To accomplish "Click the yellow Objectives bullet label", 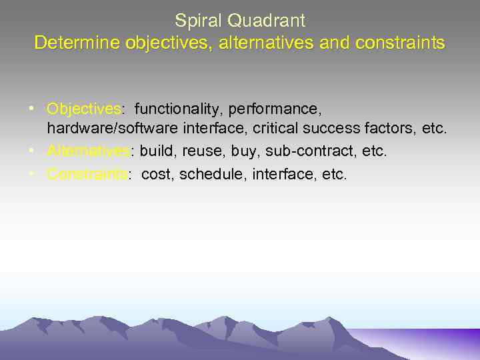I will (83, 108).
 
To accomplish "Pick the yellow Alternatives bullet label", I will (89, 152).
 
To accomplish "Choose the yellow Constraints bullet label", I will (87, 175).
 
